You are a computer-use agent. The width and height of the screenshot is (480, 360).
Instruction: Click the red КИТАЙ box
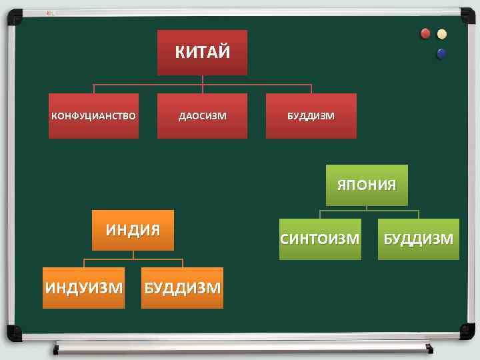coord(202,52)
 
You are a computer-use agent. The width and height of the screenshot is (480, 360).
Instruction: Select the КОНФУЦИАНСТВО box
coord(93,116)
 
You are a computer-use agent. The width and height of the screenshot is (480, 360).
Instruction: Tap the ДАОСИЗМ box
coord(202,116)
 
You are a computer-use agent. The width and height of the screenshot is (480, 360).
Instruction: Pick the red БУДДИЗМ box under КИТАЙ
coord(311,116)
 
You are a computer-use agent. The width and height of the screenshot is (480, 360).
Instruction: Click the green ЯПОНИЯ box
coord(366,185)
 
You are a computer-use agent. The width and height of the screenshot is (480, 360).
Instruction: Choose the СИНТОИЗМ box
coord(320,239)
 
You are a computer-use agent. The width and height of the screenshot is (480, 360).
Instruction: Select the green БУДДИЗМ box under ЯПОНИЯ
coord(418,239)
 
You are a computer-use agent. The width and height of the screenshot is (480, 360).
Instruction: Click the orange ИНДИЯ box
coord(133,230)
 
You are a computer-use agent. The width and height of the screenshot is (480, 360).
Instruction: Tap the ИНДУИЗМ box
coord(83,288)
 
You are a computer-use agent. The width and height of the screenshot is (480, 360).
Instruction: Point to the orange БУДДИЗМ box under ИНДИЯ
coord(182,288)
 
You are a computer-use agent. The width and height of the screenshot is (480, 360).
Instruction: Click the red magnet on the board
coord(425,34)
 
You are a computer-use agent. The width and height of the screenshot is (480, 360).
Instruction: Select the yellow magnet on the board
coord(441,35)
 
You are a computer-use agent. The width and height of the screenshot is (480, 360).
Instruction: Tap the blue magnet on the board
coord(441,53)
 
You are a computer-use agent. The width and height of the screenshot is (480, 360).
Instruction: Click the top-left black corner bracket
coord(13,14)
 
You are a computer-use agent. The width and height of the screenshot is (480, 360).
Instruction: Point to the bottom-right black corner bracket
coord(466,332)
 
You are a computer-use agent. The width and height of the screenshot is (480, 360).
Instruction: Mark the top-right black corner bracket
coord(466,14)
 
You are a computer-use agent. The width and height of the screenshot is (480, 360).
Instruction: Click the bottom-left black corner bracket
coord(13,332)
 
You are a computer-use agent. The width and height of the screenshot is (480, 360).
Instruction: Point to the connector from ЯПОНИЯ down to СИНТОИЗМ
coord(320,213)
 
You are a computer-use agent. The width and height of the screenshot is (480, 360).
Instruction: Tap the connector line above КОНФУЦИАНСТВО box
coord(93,88)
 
